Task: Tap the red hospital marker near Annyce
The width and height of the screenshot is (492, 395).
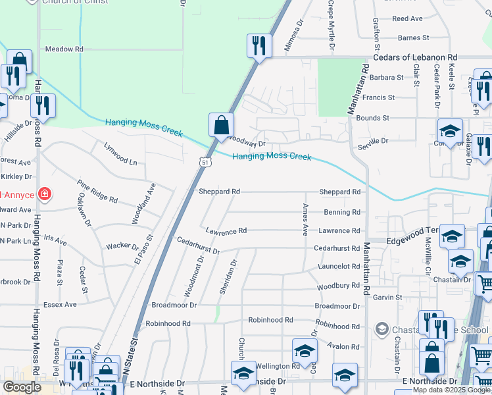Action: [x=44, y=194]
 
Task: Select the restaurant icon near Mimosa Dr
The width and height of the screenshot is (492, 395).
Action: [x=258, y=45]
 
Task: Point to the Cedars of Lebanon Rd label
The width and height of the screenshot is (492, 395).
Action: [x=415, y=58]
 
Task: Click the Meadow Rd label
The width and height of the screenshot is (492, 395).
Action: [x=64, y=49]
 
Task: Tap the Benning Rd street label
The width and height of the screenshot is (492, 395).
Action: [x=342, y=213]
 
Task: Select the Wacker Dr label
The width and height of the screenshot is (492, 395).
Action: [x=122, y=247]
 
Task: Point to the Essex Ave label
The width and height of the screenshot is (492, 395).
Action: [x=60, y=304]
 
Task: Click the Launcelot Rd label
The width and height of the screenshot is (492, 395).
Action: [x=337, y=267]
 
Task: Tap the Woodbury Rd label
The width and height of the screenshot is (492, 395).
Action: [x=338, y=286]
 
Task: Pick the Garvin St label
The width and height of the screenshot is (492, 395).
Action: [x=387, y=298]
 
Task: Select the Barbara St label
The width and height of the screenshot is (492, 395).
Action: [x=386, y=77]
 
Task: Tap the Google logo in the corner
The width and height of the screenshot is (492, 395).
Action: [x=22, y=387]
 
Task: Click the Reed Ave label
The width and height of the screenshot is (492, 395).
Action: [x=407, y=19]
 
